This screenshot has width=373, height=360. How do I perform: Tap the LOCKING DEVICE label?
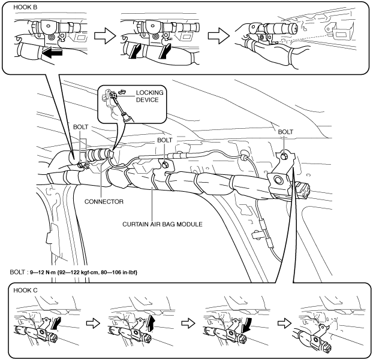(x=149, y=96)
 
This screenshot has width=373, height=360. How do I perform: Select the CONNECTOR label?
(x=104, y=202)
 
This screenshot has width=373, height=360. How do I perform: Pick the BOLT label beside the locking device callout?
(x=164, y=140)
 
